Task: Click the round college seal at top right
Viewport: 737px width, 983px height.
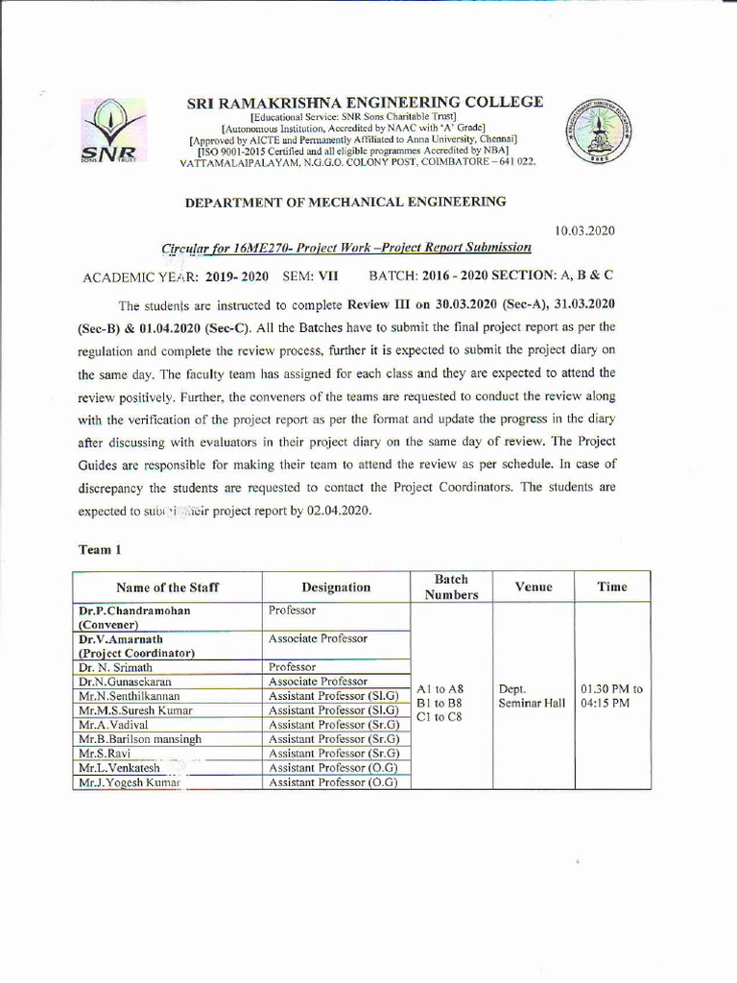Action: [592, 132]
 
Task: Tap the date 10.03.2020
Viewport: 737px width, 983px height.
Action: [584, 230]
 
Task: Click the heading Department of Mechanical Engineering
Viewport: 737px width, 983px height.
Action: [345, 202]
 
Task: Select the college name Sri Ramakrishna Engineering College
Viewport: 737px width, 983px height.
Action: [365, 102]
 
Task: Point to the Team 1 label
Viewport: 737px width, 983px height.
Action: [99, 550]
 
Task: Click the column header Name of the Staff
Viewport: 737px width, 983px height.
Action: [167, 587]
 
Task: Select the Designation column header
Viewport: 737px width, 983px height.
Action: [336, 587]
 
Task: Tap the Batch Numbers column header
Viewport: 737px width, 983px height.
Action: [451, 587]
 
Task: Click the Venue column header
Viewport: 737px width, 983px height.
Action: [533, 587]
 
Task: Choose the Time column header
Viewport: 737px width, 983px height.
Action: [611, 587]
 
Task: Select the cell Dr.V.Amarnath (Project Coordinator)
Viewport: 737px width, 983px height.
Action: [137, 645]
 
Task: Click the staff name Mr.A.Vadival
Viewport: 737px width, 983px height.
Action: [113, 725]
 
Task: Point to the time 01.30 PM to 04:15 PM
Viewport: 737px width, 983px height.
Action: [611, 696]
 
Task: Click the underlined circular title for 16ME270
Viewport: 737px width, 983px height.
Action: [346, 248]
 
